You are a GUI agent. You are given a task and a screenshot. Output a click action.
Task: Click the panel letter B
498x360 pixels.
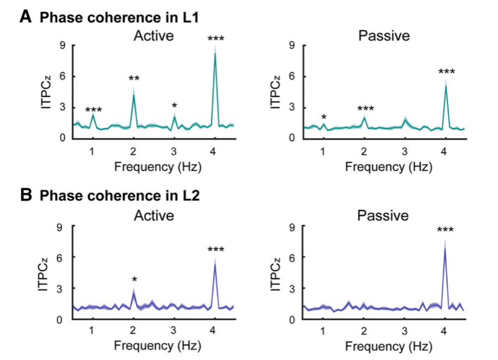(x=25, y=195)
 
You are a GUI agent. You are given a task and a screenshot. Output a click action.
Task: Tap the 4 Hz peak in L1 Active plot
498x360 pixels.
(x=215, y=54)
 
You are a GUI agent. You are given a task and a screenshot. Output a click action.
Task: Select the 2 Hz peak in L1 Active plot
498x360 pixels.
(x=133, y=95)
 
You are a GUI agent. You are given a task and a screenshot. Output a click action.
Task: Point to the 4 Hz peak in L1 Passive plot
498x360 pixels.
(x=446, y=86)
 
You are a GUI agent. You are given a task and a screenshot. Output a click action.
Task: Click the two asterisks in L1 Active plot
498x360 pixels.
(x=133, y=78)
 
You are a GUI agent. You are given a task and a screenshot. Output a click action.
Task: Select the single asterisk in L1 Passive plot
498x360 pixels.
(x=324, y=117)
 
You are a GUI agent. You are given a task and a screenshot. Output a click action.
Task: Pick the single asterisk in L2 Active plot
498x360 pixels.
(x=134, y=280)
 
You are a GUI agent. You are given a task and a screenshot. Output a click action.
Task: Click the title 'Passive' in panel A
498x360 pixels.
(x=384, y=36)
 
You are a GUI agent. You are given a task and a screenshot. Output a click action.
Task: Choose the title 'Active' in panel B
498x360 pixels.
(x=154, y=215)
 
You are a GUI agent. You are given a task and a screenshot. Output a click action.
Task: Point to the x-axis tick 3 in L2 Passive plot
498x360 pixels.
(x=405, y=330)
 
